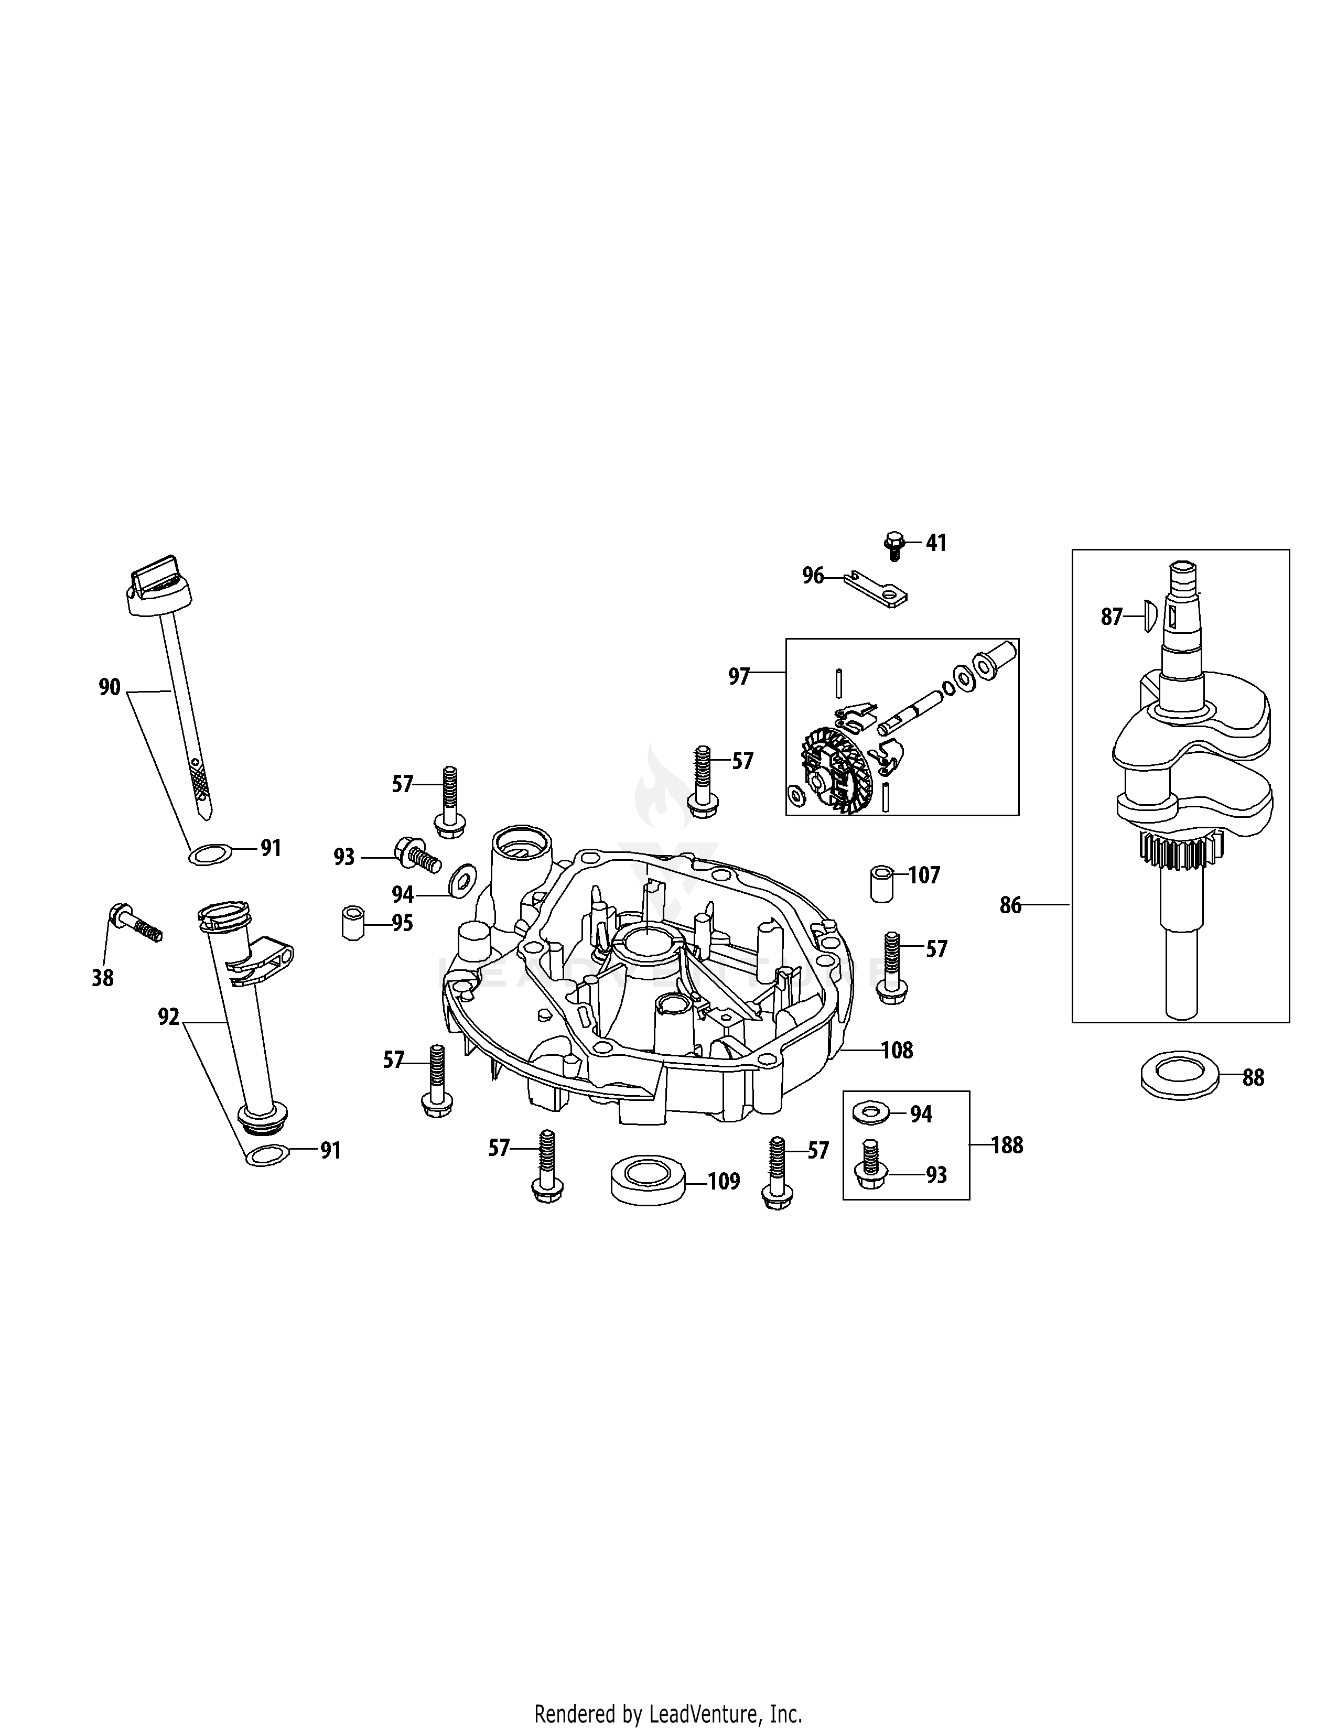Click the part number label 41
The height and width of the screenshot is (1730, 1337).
(936, 544)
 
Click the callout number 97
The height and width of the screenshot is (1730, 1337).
(739, 676)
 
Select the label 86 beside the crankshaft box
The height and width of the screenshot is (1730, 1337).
(1011, 905)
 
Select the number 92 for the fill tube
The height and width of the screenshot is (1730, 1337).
(169, 1017)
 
